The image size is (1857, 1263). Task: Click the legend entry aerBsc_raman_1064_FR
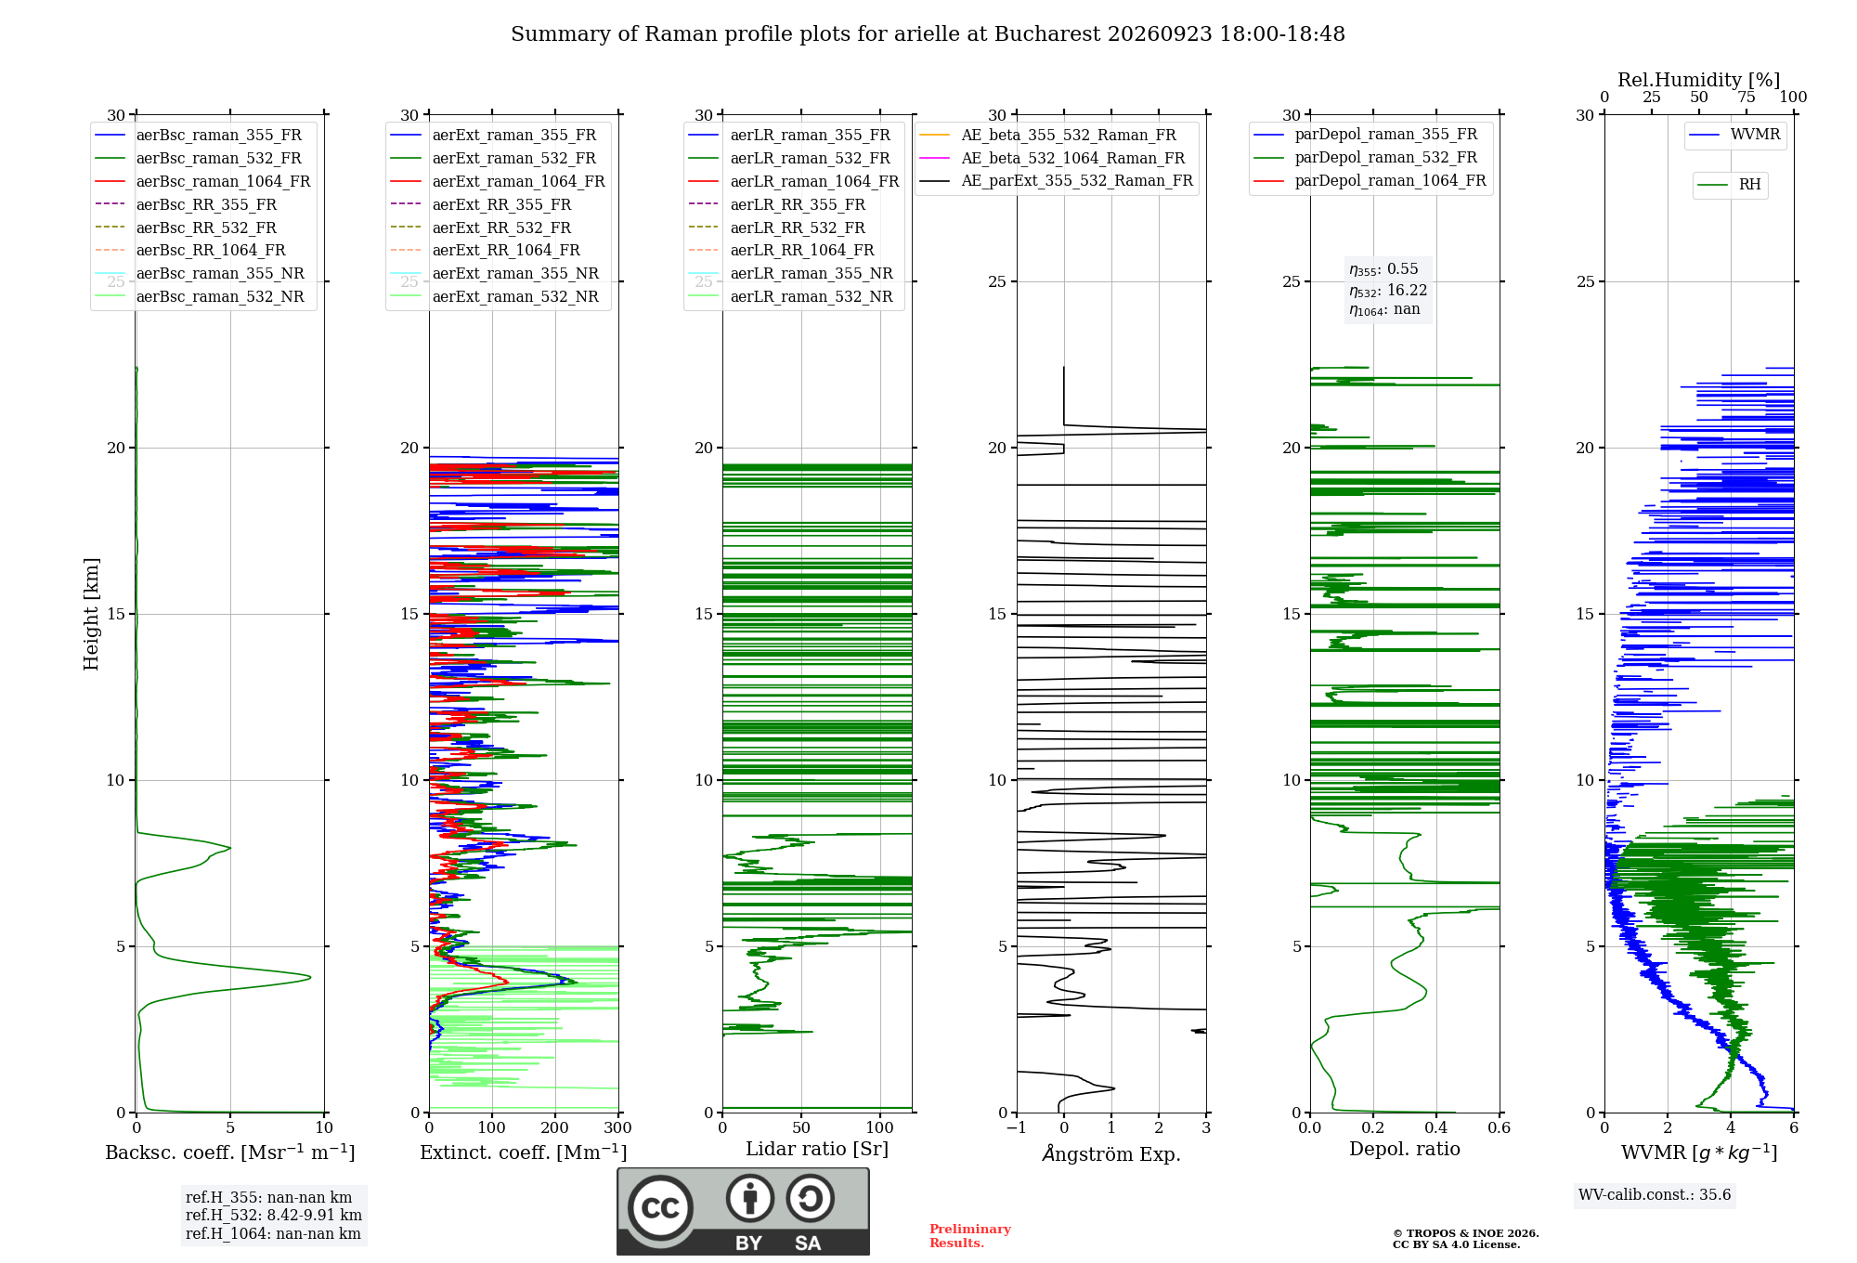tap(202, 182)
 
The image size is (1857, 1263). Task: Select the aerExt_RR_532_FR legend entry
tap(481, 228)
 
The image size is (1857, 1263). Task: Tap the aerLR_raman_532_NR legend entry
tap(791, 297)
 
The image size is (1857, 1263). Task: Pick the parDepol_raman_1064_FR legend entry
tap(1370, 181)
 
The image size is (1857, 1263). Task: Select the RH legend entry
tap(1729, 185)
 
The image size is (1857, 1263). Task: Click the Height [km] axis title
tap(91, 614)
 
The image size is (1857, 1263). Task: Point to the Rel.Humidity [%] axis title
tap(1699, 80)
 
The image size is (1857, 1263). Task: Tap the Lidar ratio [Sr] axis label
tap(817, 1150)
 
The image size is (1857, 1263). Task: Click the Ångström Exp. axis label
tap(1111, 1153)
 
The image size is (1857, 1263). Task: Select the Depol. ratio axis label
tap(1405, 1150)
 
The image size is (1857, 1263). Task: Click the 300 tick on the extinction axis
tap(618, 1128)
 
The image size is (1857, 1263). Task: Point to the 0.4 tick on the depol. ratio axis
tap(1436, 1128)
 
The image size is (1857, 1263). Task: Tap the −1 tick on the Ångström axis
tap(1016, 1128)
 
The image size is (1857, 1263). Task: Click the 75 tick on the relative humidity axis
tap(1747, 98)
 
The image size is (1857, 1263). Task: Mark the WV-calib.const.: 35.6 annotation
tap(1655, 1195)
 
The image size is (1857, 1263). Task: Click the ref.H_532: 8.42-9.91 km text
tap(274, 1216)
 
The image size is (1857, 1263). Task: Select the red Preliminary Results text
tap(970, 1236)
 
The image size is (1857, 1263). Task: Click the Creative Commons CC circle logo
tap(660, 1208)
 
